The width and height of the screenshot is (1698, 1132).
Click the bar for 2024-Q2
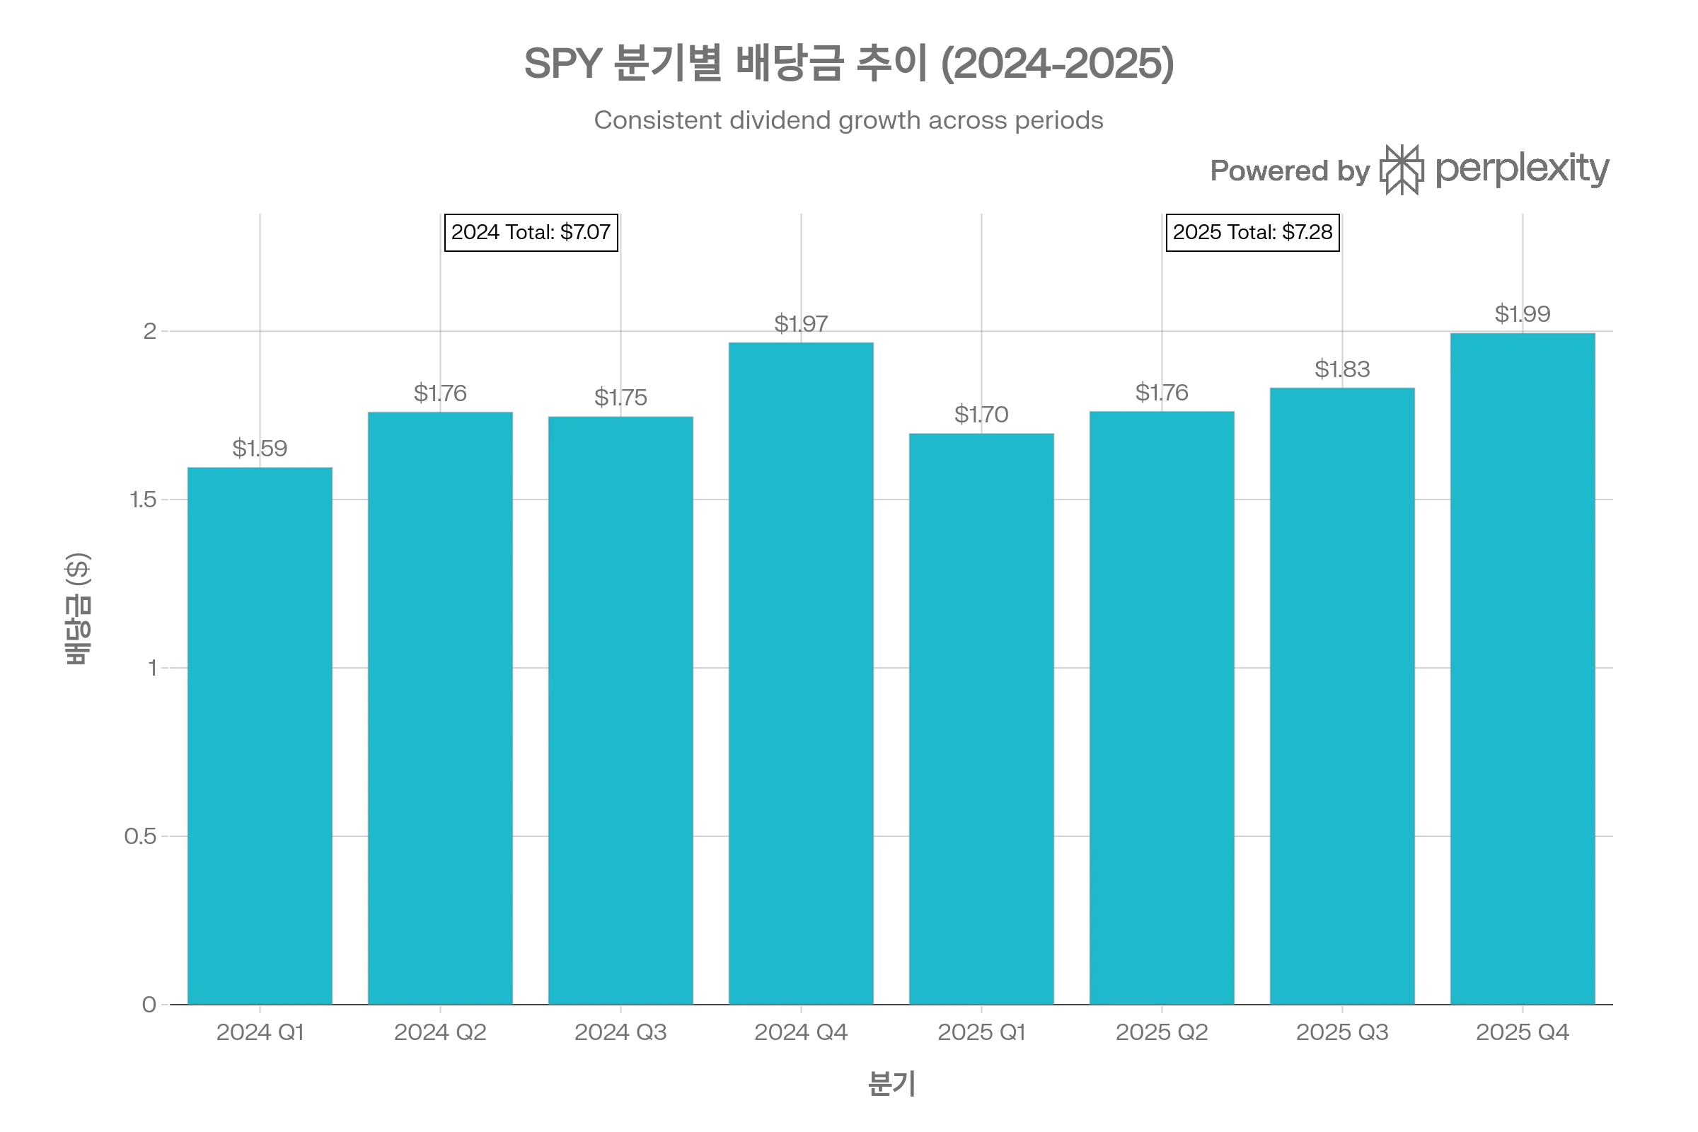439,707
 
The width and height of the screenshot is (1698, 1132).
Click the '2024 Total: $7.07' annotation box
531,233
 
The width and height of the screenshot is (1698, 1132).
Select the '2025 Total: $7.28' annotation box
1252,233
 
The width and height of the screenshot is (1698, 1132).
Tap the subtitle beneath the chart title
849,120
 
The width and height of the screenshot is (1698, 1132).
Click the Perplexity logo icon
1400,171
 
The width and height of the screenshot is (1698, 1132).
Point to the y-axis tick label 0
149,1004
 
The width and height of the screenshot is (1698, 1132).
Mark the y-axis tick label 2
149,331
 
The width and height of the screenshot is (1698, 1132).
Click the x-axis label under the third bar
620,1032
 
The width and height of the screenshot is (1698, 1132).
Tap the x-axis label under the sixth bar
1162,1032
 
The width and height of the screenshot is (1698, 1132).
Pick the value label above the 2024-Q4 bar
801,322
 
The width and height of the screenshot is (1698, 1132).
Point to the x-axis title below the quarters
891,1085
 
